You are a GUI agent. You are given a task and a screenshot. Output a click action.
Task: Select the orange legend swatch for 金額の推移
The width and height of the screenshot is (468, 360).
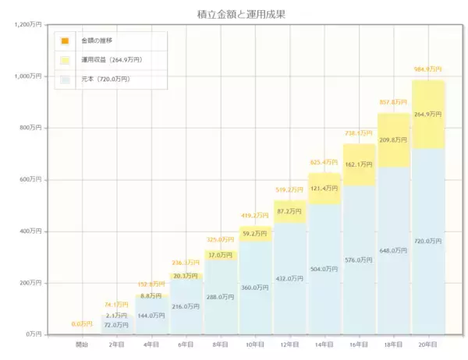(66, 41)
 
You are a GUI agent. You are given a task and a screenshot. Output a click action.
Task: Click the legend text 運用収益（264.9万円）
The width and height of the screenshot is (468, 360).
(112, 59)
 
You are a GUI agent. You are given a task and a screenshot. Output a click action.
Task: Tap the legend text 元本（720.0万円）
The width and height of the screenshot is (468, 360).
(105, 79)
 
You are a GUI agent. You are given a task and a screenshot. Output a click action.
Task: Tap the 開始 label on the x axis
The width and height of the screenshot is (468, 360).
(81, 344)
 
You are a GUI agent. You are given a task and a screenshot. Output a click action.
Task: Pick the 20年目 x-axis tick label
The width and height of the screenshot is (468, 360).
(427, 344)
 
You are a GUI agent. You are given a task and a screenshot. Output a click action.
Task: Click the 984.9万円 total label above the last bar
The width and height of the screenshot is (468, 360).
(427, 69)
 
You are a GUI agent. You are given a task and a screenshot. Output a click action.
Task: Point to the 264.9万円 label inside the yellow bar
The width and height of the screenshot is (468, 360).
(427, 114)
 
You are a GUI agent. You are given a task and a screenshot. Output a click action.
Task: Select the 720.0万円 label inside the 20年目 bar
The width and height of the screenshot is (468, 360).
(427, 242)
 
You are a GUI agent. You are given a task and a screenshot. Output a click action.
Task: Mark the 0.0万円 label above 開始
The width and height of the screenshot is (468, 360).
(81, 323)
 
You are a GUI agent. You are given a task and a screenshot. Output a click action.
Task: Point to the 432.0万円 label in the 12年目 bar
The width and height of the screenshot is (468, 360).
(289, 278)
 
